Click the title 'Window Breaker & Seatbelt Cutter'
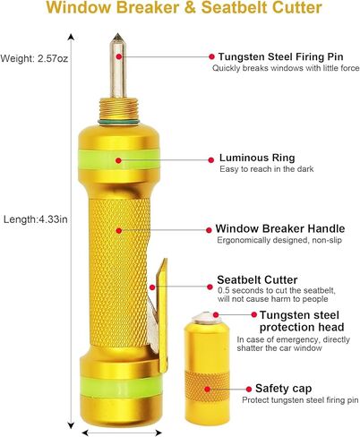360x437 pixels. (x=184, y=7)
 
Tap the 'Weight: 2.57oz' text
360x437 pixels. (x=34, y=58)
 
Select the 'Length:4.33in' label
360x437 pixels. (x=36, y=219)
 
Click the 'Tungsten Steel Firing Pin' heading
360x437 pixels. (x=280, y=56)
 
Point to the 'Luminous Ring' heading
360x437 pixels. (x=257, y=158)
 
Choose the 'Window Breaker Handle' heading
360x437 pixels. (x=280, y=228)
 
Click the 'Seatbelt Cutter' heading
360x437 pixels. (x=257, y=280)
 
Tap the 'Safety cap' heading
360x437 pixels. (x=283, y=389)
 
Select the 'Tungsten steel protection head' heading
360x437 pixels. (x=302, y=321)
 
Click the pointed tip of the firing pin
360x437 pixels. (x=118, y=34)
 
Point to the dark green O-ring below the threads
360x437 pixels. (x=118, y=122)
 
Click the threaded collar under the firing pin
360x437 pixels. (x=118, y=108)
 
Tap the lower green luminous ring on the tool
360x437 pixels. (x=121, y=386)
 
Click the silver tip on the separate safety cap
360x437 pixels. (x=206, y=318)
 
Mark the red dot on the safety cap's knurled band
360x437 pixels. (x=208, y=389)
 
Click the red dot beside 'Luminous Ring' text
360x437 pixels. (x=211, y=160)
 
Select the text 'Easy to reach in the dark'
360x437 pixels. (x=267, y=169)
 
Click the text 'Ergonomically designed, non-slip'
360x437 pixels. (x=279, y=240)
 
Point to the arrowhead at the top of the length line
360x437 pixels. (x=71, y=37)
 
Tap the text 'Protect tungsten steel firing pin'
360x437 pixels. (x=300, y=400)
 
